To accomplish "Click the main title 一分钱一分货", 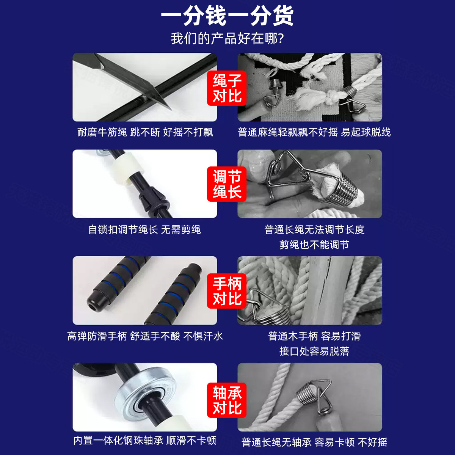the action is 227,16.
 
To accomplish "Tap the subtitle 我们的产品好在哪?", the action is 227,39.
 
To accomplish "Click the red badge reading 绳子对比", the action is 227,88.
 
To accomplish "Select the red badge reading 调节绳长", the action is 227,184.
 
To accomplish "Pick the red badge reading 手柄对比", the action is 227,291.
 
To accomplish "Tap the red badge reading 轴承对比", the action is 227,400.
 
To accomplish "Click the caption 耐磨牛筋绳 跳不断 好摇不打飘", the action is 145,132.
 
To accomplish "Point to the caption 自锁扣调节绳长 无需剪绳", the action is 144,229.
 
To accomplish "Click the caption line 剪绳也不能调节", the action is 314,245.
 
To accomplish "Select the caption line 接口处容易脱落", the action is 314,351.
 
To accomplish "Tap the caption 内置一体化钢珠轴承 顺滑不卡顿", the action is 145,441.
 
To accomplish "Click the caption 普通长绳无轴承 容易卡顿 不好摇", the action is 314,442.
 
